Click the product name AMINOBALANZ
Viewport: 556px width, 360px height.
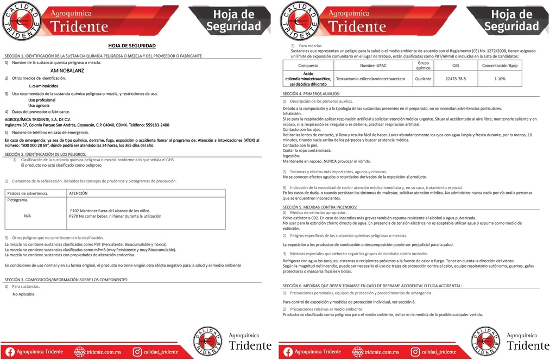(x=68, y=71)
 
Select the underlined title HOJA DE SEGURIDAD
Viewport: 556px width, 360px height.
(x=132, y=46)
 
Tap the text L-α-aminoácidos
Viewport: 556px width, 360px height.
(x=44, y=86)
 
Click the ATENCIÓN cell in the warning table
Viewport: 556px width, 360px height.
(x=78, y=193)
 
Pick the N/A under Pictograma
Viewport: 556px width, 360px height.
(x=27, y=216)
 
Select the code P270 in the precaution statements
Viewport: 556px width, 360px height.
(x=74, y=216)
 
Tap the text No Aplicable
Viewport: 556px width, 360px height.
(x=24, y=294)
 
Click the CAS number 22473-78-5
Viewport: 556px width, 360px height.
(x=456, y=79)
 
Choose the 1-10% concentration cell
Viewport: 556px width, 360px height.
(x=500, y=79)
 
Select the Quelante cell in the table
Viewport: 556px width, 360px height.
(x=423, y=79)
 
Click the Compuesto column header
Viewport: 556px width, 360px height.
(x=308, y=65)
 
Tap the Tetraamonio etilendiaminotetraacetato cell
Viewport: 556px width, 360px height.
(x=371, y=79)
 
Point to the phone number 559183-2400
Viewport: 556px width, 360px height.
(x=154, y=125)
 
